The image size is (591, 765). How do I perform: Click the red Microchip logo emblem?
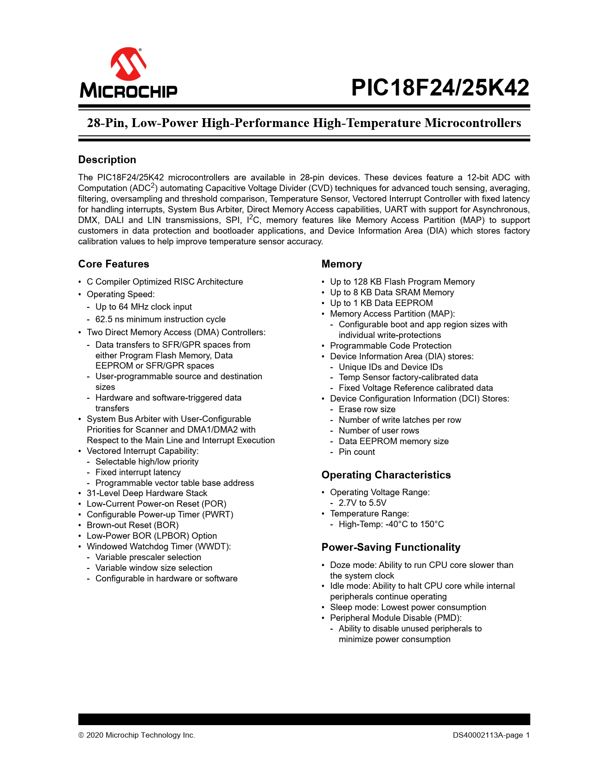(128, 64)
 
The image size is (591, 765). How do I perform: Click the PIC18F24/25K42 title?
(440, 88)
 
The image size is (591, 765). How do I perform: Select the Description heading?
(107, 159)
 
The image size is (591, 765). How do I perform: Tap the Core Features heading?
(114, 264)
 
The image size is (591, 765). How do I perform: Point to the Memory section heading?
(342, 264)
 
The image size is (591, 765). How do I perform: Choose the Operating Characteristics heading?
(386, 475)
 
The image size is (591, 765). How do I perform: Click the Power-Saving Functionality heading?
(391, 547)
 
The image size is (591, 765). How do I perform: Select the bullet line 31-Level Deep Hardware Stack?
(147, 493)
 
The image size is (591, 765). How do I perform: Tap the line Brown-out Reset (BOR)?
(133, 525)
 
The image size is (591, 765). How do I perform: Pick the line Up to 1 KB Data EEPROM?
(381, 303)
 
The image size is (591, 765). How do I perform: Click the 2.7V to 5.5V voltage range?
(362, 503)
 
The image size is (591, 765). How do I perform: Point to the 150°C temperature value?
(432, 524)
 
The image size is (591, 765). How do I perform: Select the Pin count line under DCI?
(357, 452)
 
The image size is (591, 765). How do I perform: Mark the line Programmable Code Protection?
(391, 346)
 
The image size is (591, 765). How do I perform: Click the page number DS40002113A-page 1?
(491, 735)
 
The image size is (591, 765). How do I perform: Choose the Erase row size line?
(367, 409)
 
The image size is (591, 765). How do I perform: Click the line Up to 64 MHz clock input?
(144, 307)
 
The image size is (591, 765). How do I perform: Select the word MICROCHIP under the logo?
(128, 90)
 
